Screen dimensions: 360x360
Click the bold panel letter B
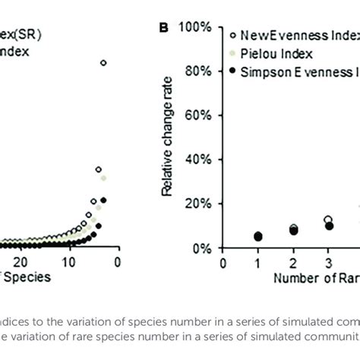(163, 29)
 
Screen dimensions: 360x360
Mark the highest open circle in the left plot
(103, 63)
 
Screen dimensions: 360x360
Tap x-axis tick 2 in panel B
(293, 263)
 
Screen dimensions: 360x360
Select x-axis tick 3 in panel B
(328, 263)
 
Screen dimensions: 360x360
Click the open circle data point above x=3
(328, 220)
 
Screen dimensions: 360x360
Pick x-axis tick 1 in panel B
(258, 263)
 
